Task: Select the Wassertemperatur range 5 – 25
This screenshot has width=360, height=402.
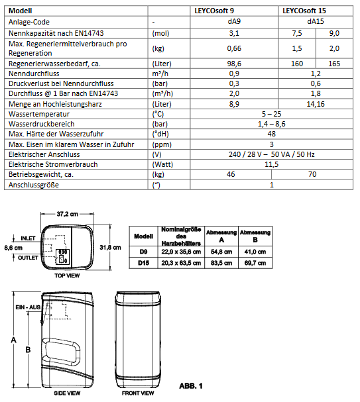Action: pyautogui.click(x=272, y=114)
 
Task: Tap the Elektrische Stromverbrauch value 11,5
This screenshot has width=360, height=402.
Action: pyautogui.click(x=272, y=164)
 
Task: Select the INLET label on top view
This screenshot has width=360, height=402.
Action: pyautogui.click(x=28, y=238)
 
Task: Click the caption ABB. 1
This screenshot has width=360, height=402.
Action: pyautogui.click(x=191, y=385)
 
